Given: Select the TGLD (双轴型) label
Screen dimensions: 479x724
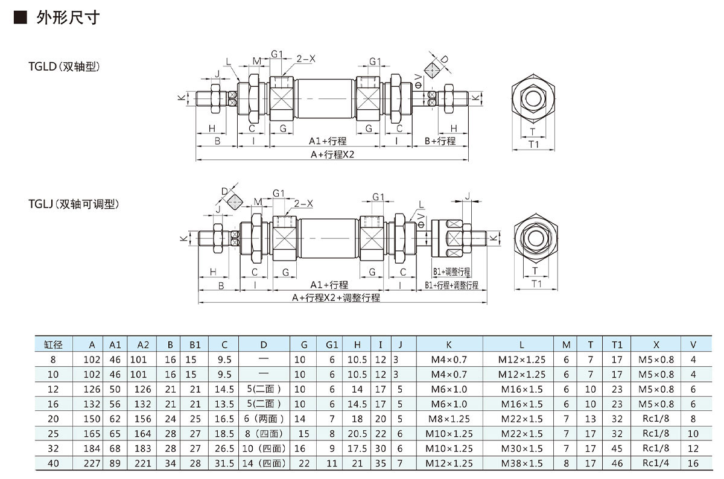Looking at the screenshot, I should [63, 66].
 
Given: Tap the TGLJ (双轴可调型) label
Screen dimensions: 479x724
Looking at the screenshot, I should [73, 205].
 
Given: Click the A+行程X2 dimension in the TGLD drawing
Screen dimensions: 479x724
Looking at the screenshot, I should [332, 154].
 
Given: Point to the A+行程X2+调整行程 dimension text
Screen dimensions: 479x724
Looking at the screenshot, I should [335, 297].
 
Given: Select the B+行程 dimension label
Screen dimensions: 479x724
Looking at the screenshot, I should [439, 141].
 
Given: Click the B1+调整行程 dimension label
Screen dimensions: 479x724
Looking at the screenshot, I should [451, 272].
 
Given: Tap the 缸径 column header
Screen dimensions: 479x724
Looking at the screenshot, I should [53, 344].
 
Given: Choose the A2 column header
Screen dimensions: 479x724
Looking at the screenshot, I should [143, 344].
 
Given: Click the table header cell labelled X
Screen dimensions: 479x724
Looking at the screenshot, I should [656, 344].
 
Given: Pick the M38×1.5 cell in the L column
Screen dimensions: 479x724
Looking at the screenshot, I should [522, 463].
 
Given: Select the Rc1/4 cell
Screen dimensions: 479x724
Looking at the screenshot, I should [656, 463].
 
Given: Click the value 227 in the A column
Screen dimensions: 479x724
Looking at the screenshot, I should [92, 463].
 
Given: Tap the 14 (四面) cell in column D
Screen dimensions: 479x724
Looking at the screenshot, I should [264, 463].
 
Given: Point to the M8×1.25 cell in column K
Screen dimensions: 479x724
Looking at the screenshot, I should [449, 419].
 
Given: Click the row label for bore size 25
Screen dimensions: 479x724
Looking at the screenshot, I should [53, 434].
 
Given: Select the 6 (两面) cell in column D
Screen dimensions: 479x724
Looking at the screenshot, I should [264, 419].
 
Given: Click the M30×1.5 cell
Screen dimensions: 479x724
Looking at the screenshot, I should [522, 448].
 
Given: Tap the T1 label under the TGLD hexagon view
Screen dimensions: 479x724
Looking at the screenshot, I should [533, 144].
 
